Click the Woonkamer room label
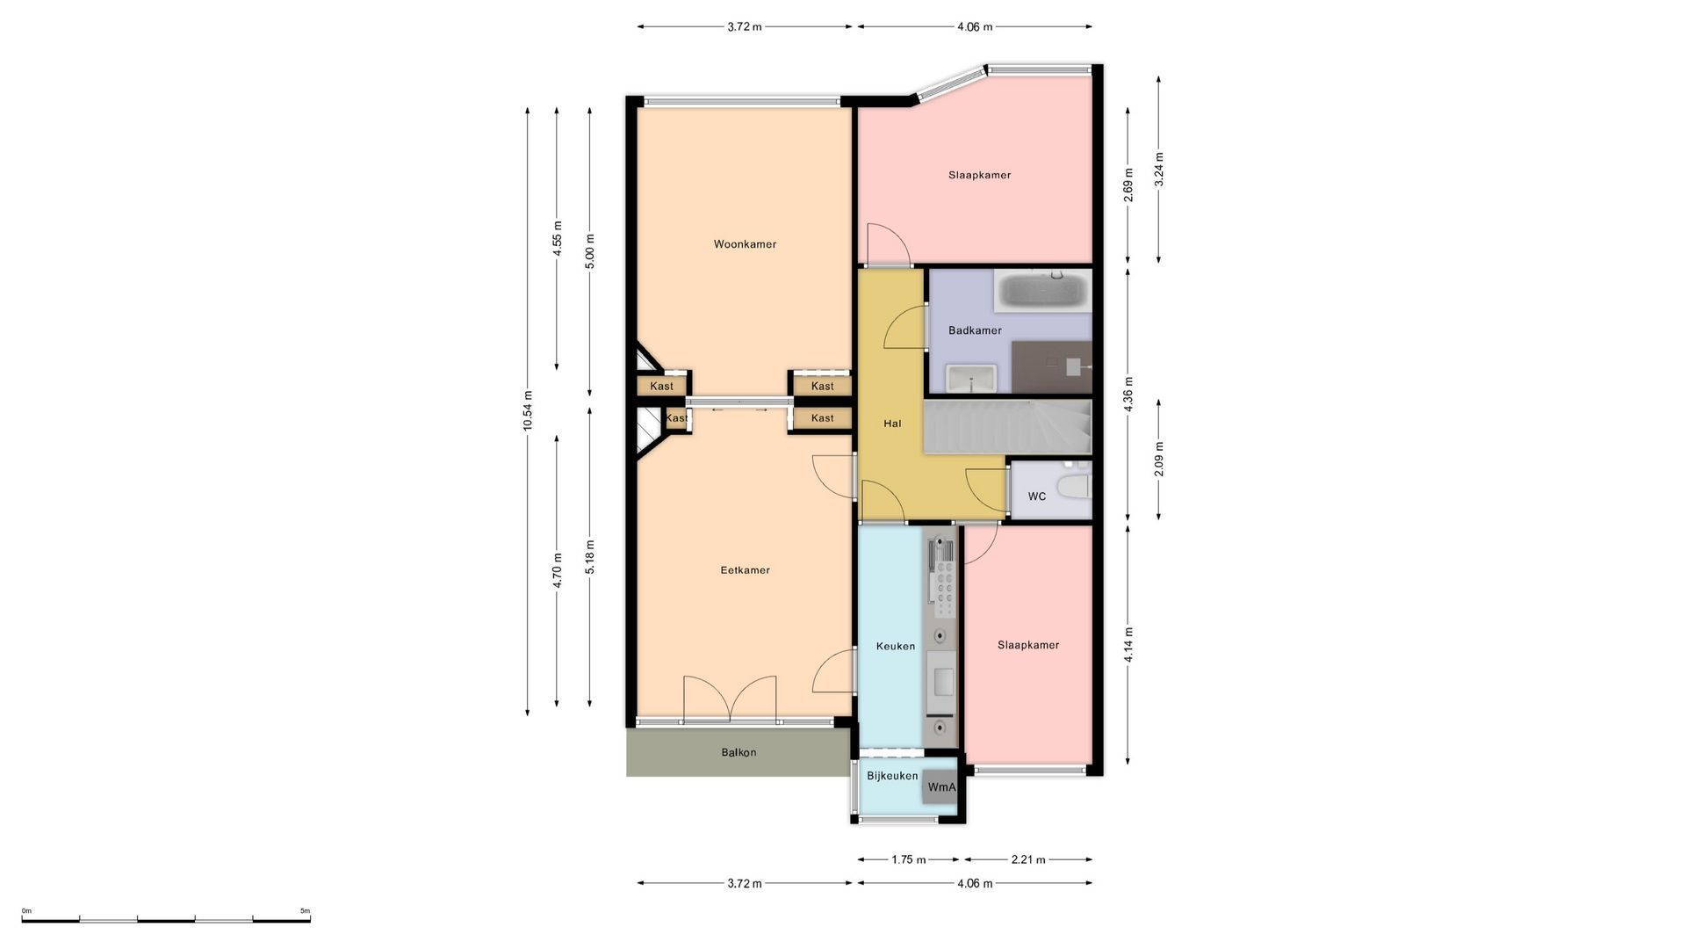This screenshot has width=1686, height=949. [x=745, y=244]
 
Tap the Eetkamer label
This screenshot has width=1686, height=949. [x=745, y=570]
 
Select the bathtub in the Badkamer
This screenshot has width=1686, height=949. [x=1043, y=291]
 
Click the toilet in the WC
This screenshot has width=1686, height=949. [x=1073, y=486]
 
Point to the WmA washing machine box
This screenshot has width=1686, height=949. [x=941, y=787]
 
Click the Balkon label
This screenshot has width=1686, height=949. [x=739, y=752]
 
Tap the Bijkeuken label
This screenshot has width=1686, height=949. [x=892, y=776]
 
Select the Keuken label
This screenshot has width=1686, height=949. [x=896, y=646]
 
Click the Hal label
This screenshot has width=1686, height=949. [x=892, y=424]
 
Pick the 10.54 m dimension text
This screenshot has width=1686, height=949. [x=528, y=410]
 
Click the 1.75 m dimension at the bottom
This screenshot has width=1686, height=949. [x=909, y=860]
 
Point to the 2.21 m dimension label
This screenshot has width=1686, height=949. [x=1028, y=860]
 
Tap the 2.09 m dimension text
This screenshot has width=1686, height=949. [x=1159, y=460]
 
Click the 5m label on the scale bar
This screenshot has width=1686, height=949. [x=305, y=911]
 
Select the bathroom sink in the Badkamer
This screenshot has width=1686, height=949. [x=971, y=379]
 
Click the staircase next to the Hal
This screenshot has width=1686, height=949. [x=1007, y=427]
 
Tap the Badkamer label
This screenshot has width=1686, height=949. [x=975, y=330]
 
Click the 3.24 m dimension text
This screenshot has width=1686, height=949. [x=1159, y=170]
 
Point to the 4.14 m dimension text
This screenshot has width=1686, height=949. [x=1128, y=645]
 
